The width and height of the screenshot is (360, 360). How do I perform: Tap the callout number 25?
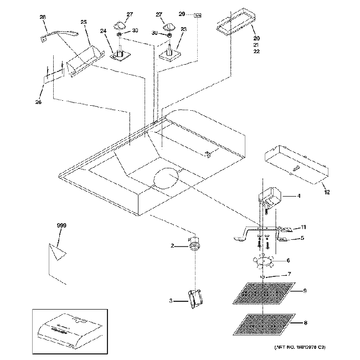[x=84, y=22]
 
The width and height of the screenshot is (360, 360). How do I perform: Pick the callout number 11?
[x=303, y=227]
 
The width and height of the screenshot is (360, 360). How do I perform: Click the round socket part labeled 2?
[x=194, y=245]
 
